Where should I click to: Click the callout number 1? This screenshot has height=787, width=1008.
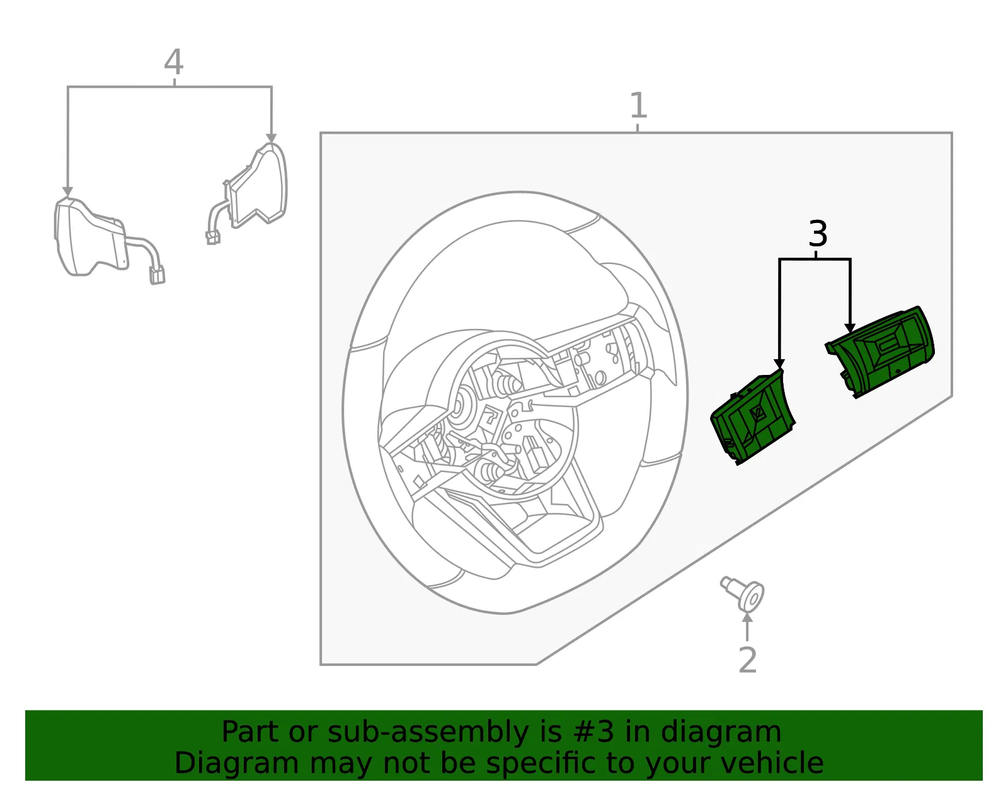coord(638,105)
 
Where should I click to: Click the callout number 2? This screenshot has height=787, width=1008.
coord(747,660)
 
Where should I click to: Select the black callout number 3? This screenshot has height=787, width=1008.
coord(817,234)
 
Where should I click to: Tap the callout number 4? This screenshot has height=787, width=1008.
coord(173,62)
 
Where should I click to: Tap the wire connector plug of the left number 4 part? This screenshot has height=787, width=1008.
coord(157,275)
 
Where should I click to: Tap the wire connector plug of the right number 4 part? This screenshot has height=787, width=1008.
coord(213,238)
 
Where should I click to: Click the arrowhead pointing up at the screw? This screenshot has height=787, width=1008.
coord(747,618)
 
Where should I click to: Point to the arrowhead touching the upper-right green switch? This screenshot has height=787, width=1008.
coord(850,328)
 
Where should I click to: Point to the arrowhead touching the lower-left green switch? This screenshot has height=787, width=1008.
coord(779,364)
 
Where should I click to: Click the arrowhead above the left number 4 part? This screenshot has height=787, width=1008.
coord(68,192)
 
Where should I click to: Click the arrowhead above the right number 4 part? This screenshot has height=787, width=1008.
coord(272,138)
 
